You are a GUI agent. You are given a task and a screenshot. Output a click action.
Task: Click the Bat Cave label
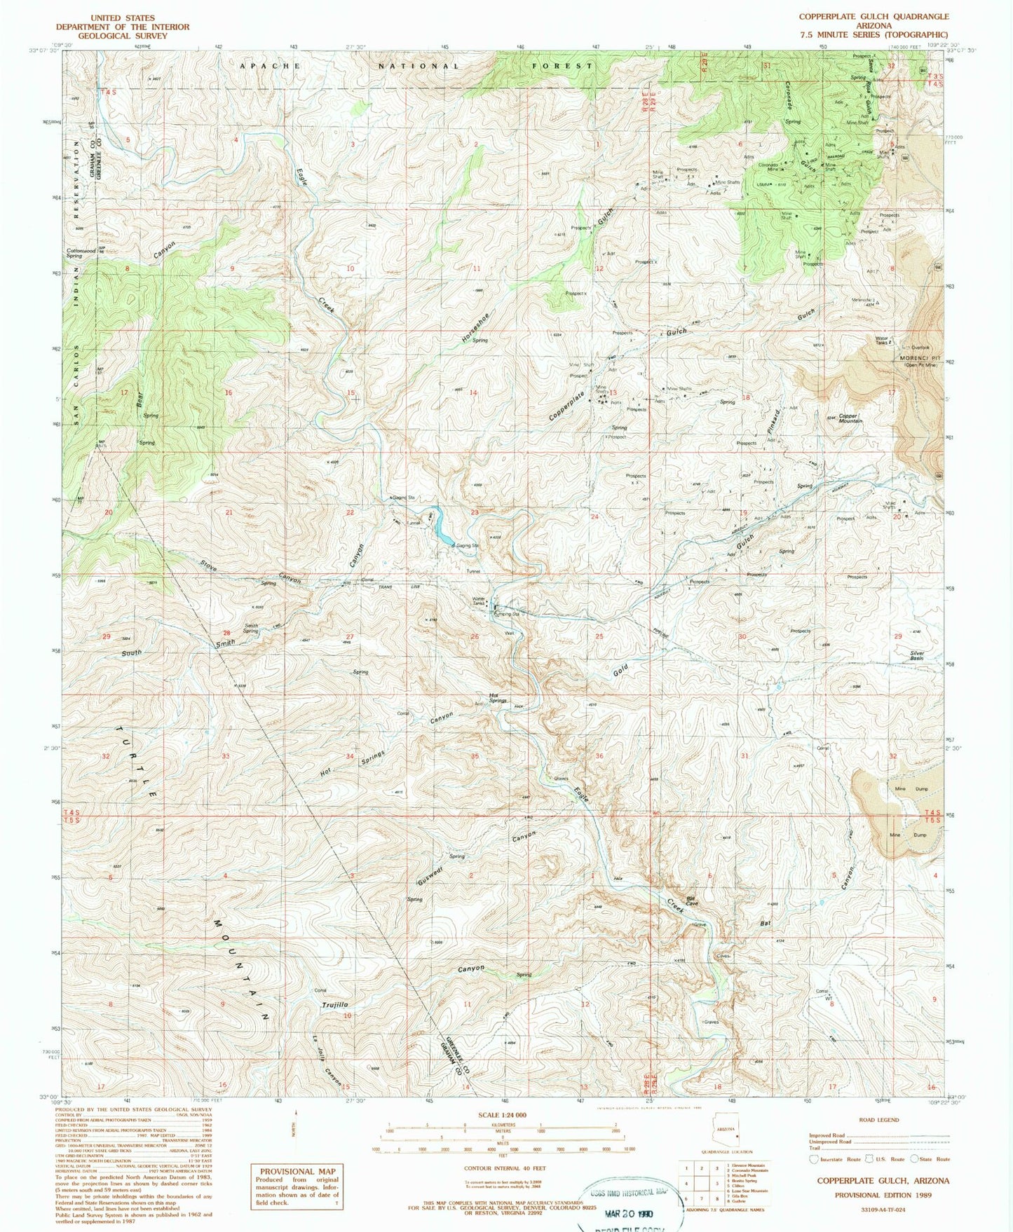point(691,901)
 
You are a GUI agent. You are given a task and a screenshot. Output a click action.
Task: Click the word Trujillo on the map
point(334,1005)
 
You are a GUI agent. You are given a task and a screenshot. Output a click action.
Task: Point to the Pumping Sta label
point(505,614)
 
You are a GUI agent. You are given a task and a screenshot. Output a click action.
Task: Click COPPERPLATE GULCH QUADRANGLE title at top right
point(873,16)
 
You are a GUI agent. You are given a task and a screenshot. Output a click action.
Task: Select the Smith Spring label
point(250,628)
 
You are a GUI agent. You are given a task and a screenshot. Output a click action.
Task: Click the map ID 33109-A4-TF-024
point(882,1210)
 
